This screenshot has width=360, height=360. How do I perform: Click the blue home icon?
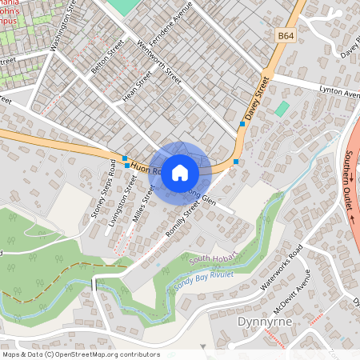[180, 172]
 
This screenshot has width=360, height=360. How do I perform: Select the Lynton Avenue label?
[339, 93]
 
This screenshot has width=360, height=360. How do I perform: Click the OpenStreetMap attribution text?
[81, 354]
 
